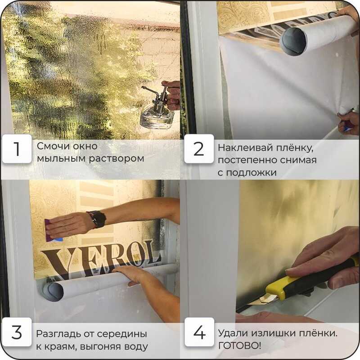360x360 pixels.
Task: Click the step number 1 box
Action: pos(17,149)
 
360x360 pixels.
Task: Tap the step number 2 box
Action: pos(199,149)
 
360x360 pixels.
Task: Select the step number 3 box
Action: pos(17,332)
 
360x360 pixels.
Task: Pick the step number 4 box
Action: pos(199,332)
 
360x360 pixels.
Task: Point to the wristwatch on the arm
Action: pos(98,220)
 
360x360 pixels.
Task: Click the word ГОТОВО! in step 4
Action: pos(239,346)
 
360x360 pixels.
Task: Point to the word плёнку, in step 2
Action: pos(295,148)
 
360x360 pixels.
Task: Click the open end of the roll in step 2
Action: pos(293,42)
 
